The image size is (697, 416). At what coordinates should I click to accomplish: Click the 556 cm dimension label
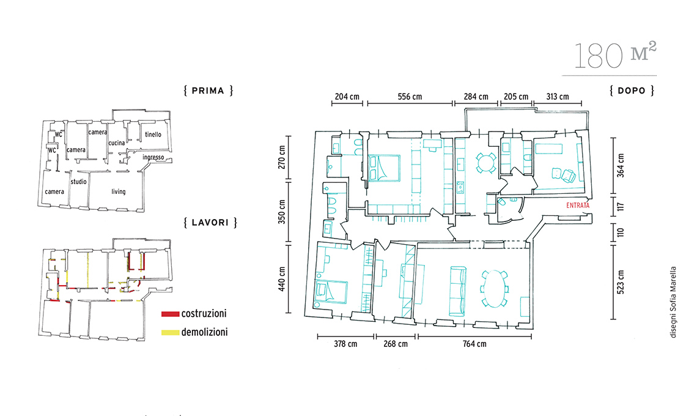[x=410, y=97]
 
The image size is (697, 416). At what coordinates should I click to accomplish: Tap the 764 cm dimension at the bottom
[x=474, y=344]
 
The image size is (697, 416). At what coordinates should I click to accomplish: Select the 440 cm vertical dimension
[x=282, y=279]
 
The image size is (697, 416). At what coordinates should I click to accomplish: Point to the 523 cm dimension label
[x=621, y=282]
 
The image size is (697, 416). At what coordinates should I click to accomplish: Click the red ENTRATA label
[x=578, y=206]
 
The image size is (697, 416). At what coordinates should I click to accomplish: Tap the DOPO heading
[x=632, y=91]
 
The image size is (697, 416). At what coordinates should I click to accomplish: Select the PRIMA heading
[x=208, y=91]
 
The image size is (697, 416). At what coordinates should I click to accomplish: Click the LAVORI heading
[x=210, y=223]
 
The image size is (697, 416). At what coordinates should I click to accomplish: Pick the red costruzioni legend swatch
[x=170, y=314]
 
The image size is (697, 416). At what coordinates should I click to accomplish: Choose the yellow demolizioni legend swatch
[x=170, y=332]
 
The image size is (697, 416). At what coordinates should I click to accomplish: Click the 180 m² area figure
[x=615, y=55]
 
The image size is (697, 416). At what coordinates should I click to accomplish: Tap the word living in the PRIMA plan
[x=118, y=191]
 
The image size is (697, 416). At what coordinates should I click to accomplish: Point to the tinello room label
[x=153, y=135]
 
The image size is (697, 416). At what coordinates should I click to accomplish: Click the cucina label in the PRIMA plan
[x=117, y=143]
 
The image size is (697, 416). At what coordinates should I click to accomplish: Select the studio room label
[x=79, y=182]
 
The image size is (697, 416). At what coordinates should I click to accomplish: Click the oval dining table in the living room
[x=494, y=289]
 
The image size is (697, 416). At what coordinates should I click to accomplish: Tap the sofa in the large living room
[x=458, y=291]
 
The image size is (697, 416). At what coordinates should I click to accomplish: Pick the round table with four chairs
[x=486, y=162]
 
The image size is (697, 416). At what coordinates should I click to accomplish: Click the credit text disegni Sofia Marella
[x=673, y=302]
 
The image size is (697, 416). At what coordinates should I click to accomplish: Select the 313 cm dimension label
[x=558, y=97]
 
